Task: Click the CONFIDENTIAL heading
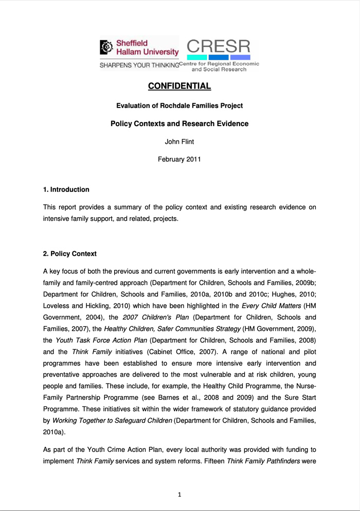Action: pyautogui.click(x=179, y=86)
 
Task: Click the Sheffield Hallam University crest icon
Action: pyautogui.click(x=105, y=47)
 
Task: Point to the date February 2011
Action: pyautogui.click(x=179, y=159)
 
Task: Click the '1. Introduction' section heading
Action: pyautogui.click(x=66, y=189)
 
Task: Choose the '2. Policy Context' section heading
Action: pyautogui.click(x=69, y=254)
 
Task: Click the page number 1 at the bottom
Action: pyautogui.click(x=179, y=495)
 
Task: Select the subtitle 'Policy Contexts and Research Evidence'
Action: pyautogui.click(x=179, y=124)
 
